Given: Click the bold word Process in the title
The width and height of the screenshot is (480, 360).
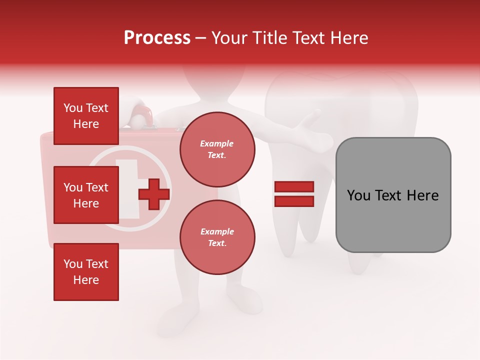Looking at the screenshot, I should coord(157,38).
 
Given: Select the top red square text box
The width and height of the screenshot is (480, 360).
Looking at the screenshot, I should coord(86,116).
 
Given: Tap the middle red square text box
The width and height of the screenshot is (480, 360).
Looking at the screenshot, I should coord(86,195).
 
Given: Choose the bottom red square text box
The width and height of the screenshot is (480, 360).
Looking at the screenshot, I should coord(86,272).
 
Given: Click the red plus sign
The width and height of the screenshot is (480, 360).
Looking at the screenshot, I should coord(154,194).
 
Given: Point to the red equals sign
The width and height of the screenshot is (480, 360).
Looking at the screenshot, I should coord(294,194).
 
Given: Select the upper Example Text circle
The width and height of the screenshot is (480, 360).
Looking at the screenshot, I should coord(217,149).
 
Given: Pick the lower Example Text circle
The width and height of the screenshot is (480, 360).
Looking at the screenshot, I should coord(217,237).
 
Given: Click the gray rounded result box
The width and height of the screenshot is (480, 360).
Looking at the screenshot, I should coord(393,195).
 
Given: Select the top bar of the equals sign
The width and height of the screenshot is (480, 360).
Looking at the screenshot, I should coord(294,187).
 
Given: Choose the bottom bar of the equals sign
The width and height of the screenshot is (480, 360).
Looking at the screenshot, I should coord(294,201).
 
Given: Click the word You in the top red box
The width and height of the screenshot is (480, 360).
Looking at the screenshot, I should coord(73,108).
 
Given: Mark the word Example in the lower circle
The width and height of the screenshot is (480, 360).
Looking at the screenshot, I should coord(217,231).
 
